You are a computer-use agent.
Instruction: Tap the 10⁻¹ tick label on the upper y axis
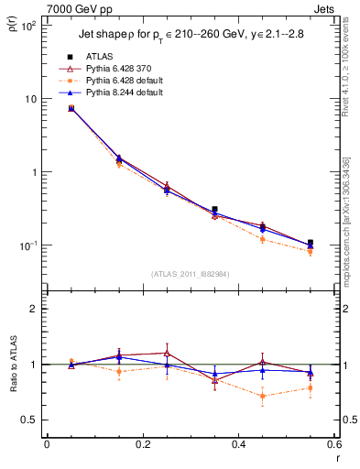[27, 245]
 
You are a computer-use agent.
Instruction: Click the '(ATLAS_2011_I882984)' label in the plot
[189, 274]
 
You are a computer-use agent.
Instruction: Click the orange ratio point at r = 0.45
[262, 396]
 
